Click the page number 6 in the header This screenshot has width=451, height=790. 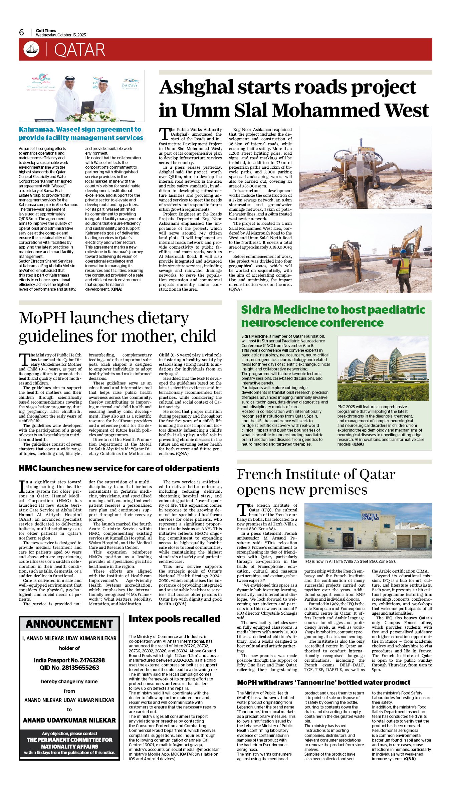pyautogui.click(x=22, y=32)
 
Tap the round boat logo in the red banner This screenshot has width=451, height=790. pyautogui.click(x=31, y=49)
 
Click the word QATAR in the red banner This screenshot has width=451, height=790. pyautogui.click(x=79, y=50)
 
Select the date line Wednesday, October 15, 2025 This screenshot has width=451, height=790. pyautogui.click(x=61, y=35)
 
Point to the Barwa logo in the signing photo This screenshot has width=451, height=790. pyautogui.click(x=130, y=84)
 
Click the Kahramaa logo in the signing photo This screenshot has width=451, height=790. pyautogui.click(x=41, y=80)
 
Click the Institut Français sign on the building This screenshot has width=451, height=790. pyautogui.click(x=371, y=517)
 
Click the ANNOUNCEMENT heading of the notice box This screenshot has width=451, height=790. pyautogui.click(x=69, y=624)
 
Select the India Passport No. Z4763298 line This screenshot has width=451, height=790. pyautogui.click(x=69, y=660)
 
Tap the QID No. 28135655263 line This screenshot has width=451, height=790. pyautogui.click(x=69, y=667)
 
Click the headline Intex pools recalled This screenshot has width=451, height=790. pyautogui.click(x=175, y=619)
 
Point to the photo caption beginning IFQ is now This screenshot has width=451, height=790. pyautogui.click(x=350, y=562)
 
